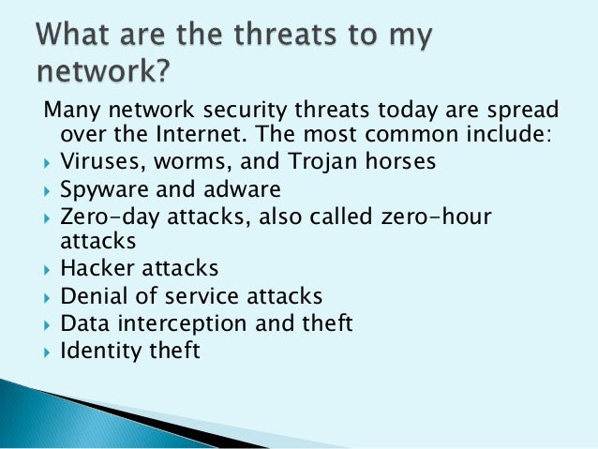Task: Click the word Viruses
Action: (x=97, y=161)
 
